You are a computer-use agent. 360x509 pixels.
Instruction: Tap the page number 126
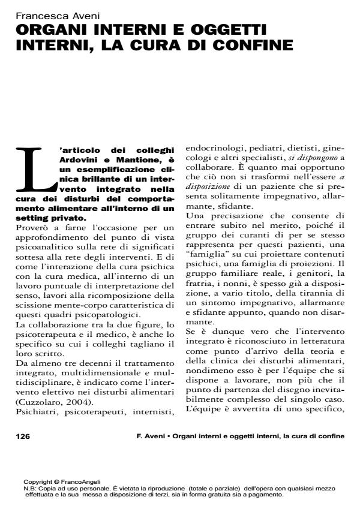click(22, 436)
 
